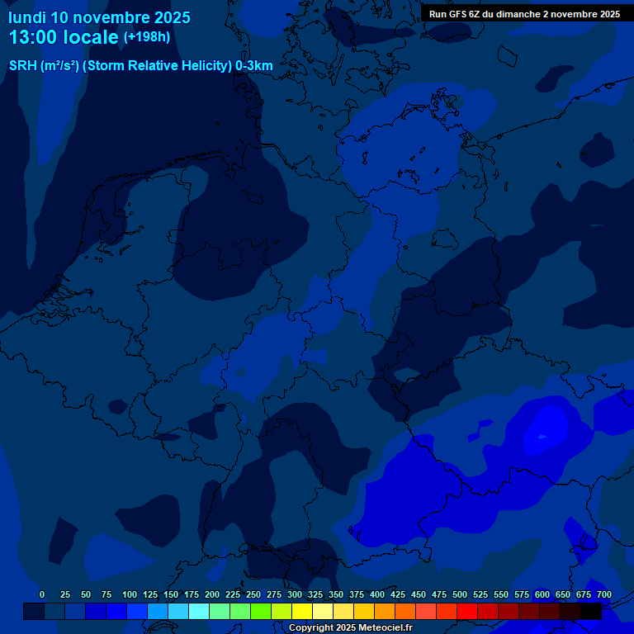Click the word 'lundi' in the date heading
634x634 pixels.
point(27,17)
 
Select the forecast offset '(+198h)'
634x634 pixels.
point(146,37)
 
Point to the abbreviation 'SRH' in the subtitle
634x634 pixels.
point(22,66)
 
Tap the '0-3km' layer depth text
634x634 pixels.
point(254,66)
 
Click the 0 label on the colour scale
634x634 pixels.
point(42,594)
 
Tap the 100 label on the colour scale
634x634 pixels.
point(130,594)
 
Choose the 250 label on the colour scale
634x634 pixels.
point(253,594)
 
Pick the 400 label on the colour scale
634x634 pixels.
point(377,594)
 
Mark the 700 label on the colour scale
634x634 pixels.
point(603,594)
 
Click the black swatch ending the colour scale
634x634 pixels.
point(591,611)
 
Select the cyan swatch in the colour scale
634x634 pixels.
point(198,611)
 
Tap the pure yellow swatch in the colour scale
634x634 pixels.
point(302,611)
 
